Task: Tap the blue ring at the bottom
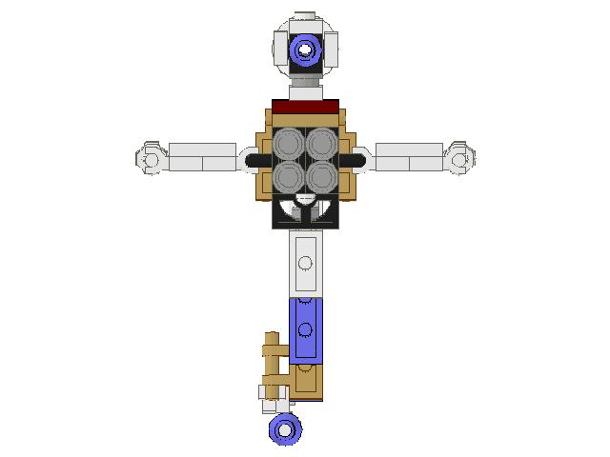(x=284, y=430)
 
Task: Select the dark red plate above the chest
(x=306, y=106)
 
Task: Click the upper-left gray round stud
(x=289, y=144)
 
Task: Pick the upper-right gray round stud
(x=322, y=144)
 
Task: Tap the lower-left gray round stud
(x=289, y=176)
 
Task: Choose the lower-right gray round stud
(x=322, y=176)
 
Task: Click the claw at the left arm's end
(x=150, y=158)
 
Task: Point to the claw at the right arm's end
(x=461, y=158)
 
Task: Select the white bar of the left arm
(x=202, y=157)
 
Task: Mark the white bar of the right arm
(x=409, y=157)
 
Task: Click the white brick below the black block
(x=305, y=263)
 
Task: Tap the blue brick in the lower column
(x=305, y=328)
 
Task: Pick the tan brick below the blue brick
(x=307, y=380)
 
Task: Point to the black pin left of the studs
(x=255, y=160)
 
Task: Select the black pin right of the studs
(x=356, y=160)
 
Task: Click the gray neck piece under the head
(x=305, y=88)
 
